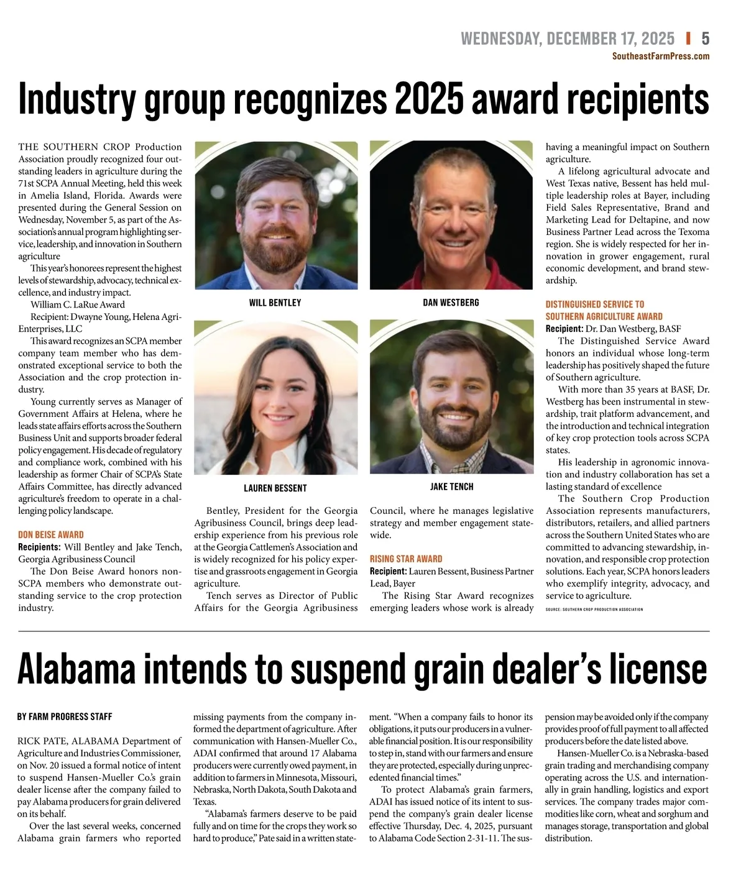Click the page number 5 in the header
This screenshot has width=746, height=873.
coord(705,39)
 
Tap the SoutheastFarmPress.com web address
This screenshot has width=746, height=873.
coord(660,56)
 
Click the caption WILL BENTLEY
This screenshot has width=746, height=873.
coord(275,303)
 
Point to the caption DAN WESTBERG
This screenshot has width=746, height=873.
coord(451,303)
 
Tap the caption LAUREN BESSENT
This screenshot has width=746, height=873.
coord(275,488)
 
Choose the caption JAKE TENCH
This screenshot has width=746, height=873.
coord(451,487)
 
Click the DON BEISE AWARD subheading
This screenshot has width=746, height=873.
coord(51,534)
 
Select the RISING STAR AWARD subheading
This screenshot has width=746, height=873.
coord(406,559)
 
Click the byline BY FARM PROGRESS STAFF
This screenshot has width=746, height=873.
coord(65,716)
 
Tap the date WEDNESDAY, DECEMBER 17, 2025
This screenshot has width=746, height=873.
coord(567,39)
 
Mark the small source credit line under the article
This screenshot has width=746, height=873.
coord(594,609)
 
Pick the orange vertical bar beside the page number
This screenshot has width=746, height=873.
coord(688,39)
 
